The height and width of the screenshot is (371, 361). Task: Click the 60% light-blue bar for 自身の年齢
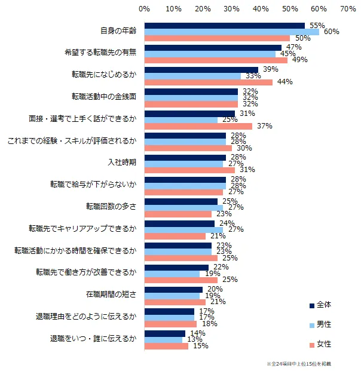pyautogui.click(x=232, y=32)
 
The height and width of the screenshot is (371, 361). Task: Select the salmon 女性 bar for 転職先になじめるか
pyautogui.click(x=208, y=82)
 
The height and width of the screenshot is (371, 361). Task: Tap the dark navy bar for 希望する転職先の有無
pyautogui.click(x=213, y=47)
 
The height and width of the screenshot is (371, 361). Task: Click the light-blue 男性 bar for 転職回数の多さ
pyautogui.click(x=183, y=208)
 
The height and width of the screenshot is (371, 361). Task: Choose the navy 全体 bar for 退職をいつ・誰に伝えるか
pyautogui.click(x=164, y=333)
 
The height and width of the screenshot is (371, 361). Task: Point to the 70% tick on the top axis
pyautogui.click(x=348, y=10)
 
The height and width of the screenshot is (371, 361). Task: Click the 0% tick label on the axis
pyautogui.click(x=144, y=10)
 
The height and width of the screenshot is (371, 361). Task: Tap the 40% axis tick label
pyautogui.click(x=261, y=10)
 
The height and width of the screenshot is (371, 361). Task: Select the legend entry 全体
pyautogui.click(x=323, y=305)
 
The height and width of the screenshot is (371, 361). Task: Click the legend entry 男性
pyautogui.click(x=323, y=324)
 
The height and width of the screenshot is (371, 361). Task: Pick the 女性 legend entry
pyautogui.click(x=323, y=344)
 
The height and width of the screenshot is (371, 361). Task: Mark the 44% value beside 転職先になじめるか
pyautogui.click(x=284, y=82)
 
